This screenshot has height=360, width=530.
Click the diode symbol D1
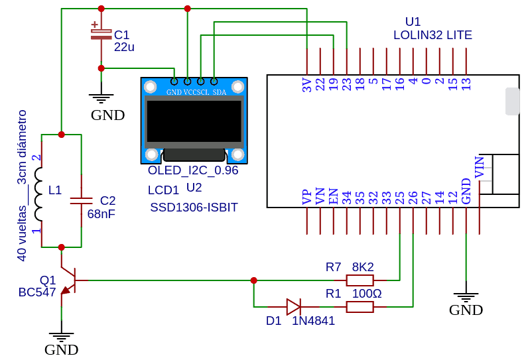pyautogui.click(x=293, y=307)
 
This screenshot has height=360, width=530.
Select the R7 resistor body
pyautogui.click(x=360, y=280)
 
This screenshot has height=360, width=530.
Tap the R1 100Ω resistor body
pyautogui.click(x=360, y=307)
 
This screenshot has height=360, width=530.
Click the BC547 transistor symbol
pyautogui.click(x=68, y=281)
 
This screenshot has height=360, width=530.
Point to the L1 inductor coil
pyautogui.click(x=38, y=194)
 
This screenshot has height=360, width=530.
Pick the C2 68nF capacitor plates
pyautogui.click(x=81, y=201)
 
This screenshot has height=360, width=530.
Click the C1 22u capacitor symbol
pyautogui.click(x=101, y=33)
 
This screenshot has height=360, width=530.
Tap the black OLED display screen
pyautogui.click(x=194, y=121)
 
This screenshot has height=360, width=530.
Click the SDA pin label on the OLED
pyautogui.click(x=220, y=92)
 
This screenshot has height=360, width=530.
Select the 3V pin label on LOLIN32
pyautogui.click(x=306, y=85)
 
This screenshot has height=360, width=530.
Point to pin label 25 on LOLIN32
pyautogui.click(x=399, y=198)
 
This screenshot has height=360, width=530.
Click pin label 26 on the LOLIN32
pyautogui.click(x=413, y=198)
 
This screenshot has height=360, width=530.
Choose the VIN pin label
pyautogui.click(x=480, y=167)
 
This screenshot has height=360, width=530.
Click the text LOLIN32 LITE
pyautogui.click(x=432, y=35)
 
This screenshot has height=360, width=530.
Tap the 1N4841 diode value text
pyautogui.click(x=313, y=320)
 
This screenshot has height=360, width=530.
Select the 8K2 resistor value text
pyautogui.click(x=363, y=267)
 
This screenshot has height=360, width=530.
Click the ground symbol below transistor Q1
pyautogui.click(x=61, y=337)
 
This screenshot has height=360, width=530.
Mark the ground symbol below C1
pyautogui.click(x=101, y=98)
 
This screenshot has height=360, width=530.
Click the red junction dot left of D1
pyautogui.click(x=253, y=280)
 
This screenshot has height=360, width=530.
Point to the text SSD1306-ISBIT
pyautogui.click(x=194, y=208)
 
